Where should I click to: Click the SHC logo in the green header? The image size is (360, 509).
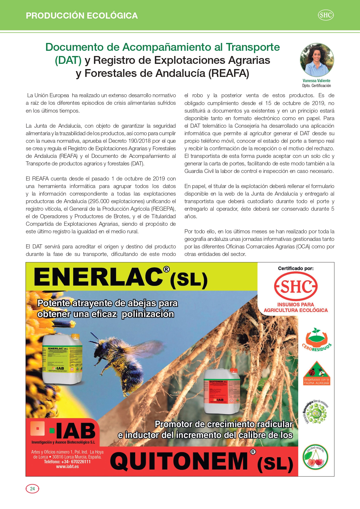[x=325, y=15]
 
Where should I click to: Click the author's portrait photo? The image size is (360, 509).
[x=317, y=60]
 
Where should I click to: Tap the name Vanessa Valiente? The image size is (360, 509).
[x=316, y=81]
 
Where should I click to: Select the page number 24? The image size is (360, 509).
[x=32, y=489]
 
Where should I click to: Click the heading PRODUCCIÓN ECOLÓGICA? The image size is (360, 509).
[x=82, y=16]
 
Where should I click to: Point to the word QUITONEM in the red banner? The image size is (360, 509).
[x=179, y=461]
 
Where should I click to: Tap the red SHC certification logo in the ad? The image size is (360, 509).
[x=296, y=287]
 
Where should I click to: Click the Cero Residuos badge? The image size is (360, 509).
[x=316, y=340]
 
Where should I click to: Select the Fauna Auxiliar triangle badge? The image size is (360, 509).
[x=316, y=373]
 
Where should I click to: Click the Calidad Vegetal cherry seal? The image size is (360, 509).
[x=316, y=458]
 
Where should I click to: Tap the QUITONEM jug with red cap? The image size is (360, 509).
[x=222, y=390]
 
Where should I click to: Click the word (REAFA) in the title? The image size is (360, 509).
[x=229, y=73]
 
